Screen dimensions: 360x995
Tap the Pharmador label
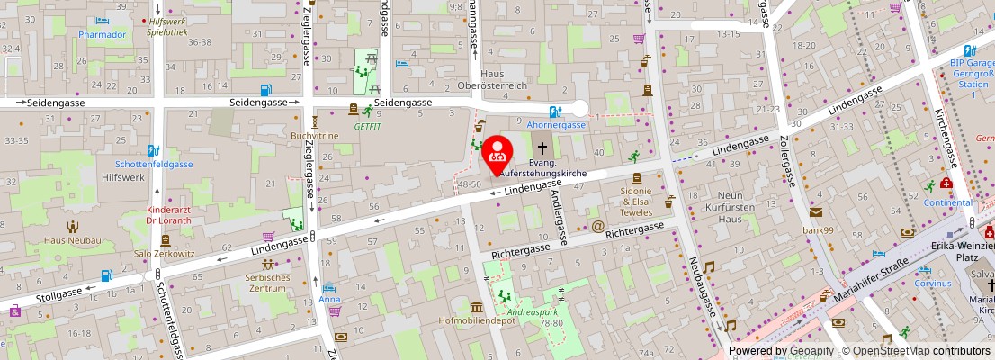101,35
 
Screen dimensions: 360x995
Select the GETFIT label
367,127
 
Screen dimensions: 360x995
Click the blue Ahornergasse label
556,126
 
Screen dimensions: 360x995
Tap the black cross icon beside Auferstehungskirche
542,148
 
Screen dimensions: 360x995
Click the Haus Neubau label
73,240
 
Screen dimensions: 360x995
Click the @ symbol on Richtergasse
596,226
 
